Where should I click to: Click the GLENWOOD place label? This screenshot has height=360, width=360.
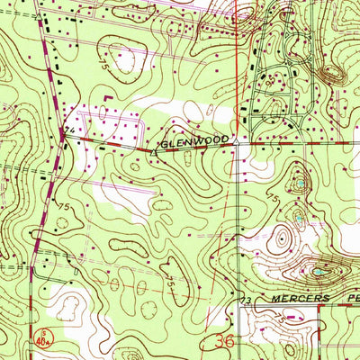(x=197, y=141)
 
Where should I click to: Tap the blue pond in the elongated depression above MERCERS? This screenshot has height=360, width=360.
(x=318, y=269)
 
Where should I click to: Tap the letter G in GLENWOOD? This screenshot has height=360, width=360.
(x=167, y=142)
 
